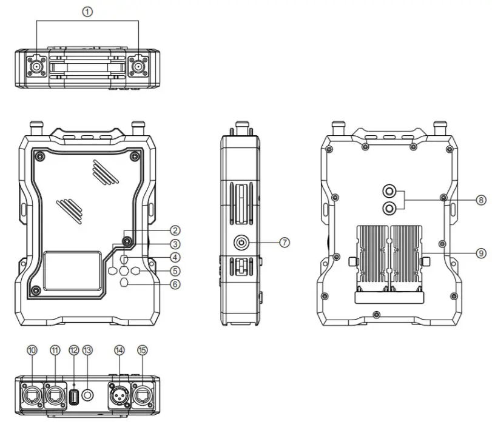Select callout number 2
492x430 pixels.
click(x=175, y=230)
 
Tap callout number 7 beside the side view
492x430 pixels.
click(x=285, y=241)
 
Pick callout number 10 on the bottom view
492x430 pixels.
click(x=32, y=350)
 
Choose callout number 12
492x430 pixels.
click(x=74, y=350)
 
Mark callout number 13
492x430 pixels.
click(x=87, y=350)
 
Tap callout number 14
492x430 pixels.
click(x=119, y=350)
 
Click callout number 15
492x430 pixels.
click(x=143, y=350)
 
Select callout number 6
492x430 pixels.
click(x=175, y=284)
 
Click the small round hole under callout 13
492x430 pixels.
click(x=88, y=394)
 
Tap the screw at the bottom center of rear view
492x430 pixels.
click(x=377, y=314)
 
